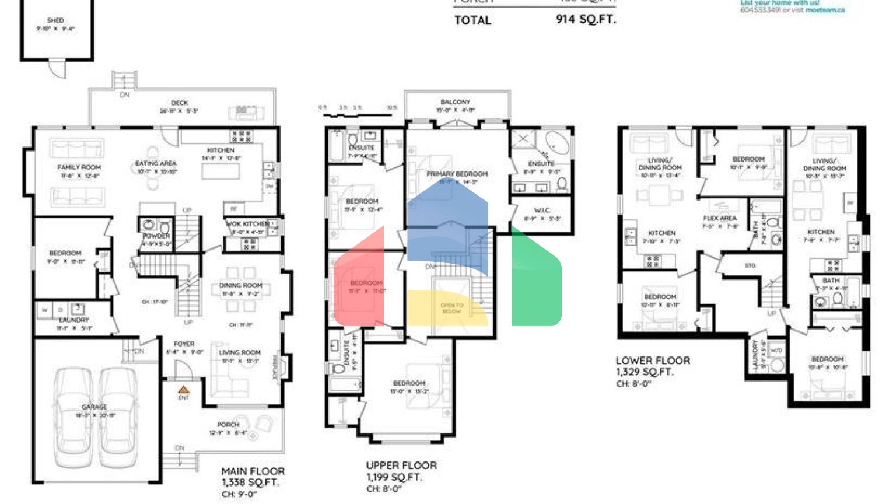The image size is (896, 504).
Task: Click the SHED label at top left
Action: [55, 20]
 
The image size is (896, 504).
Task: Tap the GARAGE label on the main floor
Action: [94, 407]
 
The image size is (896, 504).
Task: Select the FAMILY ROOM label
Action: [79, 167]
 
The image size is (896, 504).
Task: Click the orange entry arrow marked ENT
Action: [184, 390]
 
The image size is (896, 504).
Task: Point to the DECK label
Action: [180, 103]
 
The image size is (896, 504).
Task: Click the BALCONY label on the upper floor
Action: [456, 102]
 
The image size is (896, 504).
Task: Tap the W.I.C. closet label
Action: [542, 211]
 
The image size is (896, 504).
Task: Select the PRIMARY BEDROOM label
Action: [457, 174]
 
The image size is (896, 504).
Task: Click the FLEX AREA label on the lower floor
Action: [720, 218]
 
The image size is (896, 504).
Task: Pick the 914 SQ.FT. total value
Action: [586, 19]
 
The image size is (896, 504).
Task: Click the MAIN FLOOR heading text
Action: [253, 471]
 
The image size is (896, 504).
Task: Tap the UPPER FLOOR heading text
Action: [401, 465]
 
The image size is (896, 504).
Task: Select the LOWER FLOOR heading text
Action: [653, 360]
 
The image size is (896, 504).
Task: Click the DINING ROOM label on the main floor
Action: [240, 286]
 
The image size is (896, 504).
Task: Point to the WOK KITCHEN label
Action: [248, 224]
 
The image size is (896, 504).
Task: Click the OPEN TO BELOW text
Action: [452, 308]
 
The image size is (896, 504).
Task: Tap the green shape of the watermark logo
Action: [537, 280]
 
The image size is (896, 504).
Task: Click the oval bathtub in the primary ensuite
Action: [558, 143]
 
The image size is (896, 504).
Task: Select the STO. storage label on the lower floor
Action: [750, 265]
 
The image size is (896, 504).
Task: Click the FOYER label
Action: [184, 344]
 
